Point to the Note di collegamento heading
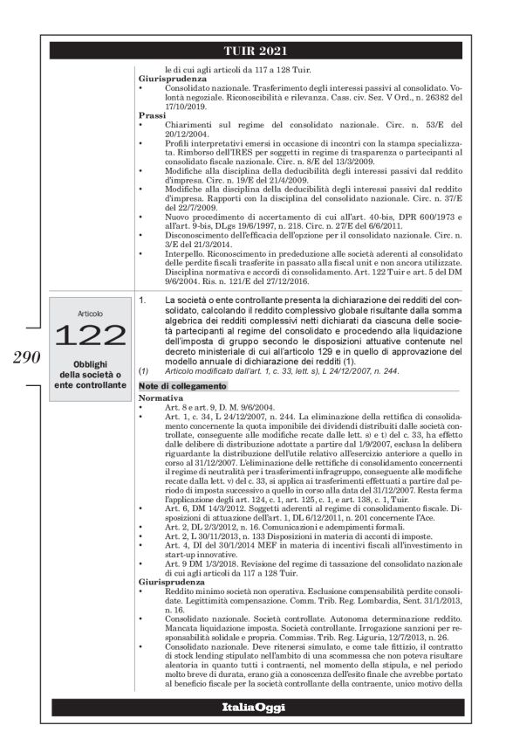pos(175,410)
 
